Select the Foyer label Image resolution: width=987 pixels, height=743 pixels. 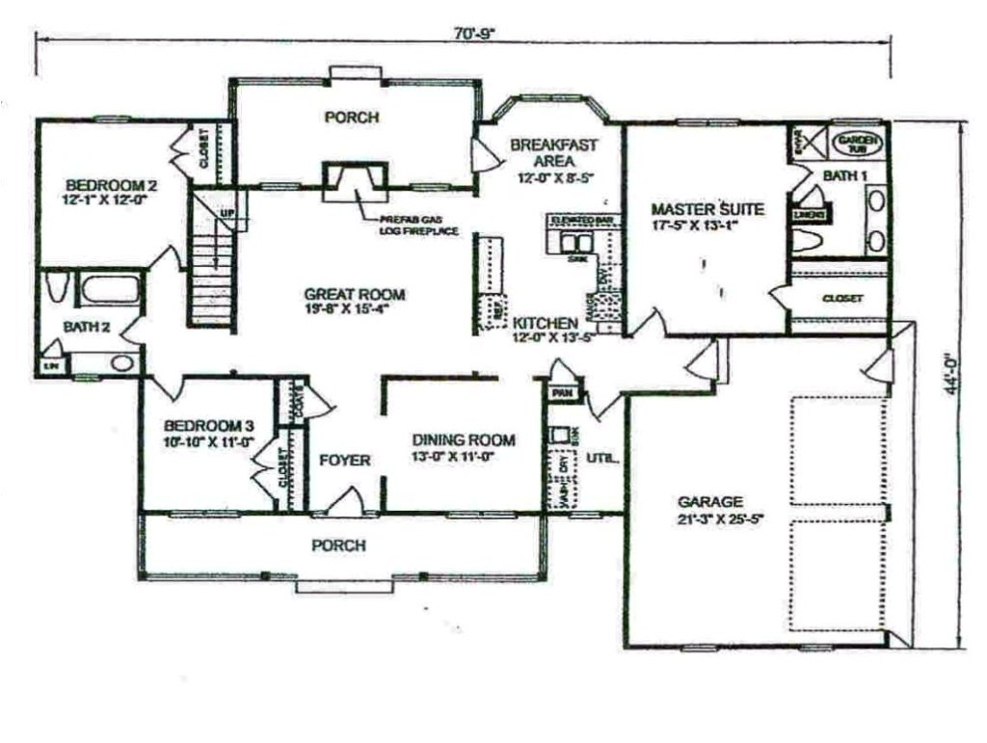[344, 461]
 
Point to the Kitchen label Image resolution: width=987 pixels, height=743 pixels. [546, 323]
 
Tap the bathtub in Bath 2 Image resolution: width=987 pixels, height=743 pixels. [112, 289]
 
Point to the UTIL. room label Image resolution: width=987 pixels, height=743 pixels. [602, 458]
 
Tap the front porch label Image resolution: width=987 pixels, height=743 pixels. [338, 545]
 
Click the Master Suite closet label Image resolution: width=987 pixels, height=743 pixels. [842, 299]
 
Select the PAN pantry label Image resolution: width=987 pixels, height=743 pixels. [560, 392]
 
